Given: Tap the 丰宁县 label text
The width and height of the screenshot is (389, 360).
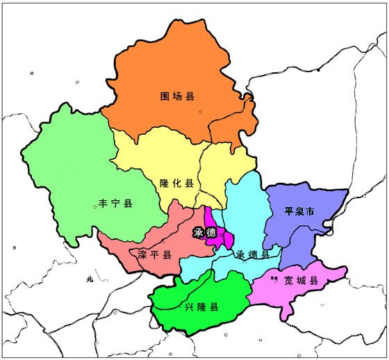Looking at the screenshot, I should (115, 204).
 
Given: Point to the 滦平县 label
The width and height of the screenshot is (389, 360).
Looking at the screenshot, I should (154, 254).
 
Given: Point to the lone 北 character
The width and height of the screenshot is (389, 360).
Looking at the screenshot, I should (88, 279).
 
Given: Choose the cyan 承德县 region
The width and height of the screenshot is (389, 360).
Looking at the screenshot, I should (247, 208).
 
